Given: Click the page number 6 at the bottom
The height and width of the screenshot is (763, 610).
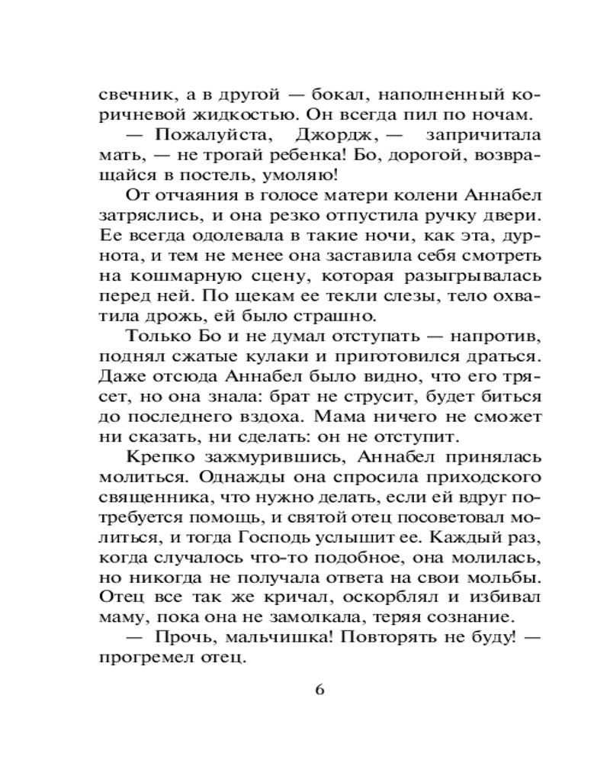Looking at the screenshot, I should (x=319, y=689).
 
